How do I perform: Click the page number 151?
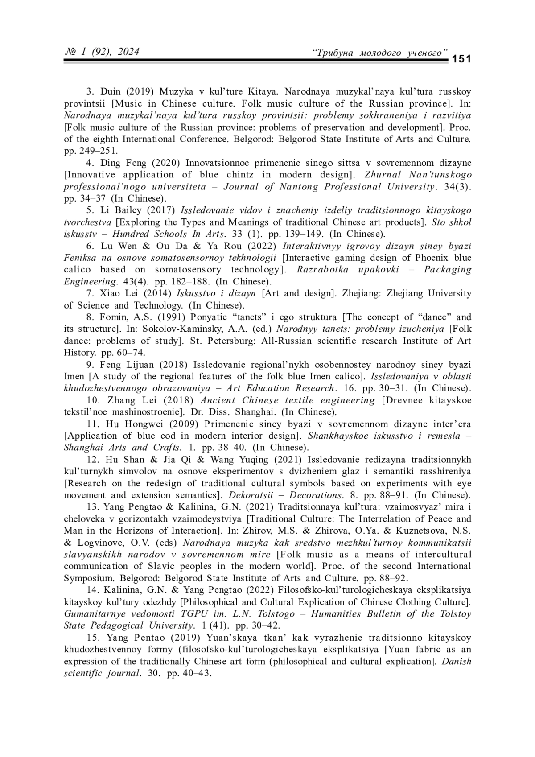tap(462, 59)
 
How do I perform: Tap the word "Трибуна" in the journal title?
tap(334, 53)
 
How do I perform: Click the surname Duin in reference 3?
tap(111, 92)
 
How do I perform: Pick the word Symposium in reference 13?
tap(86, 578)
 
